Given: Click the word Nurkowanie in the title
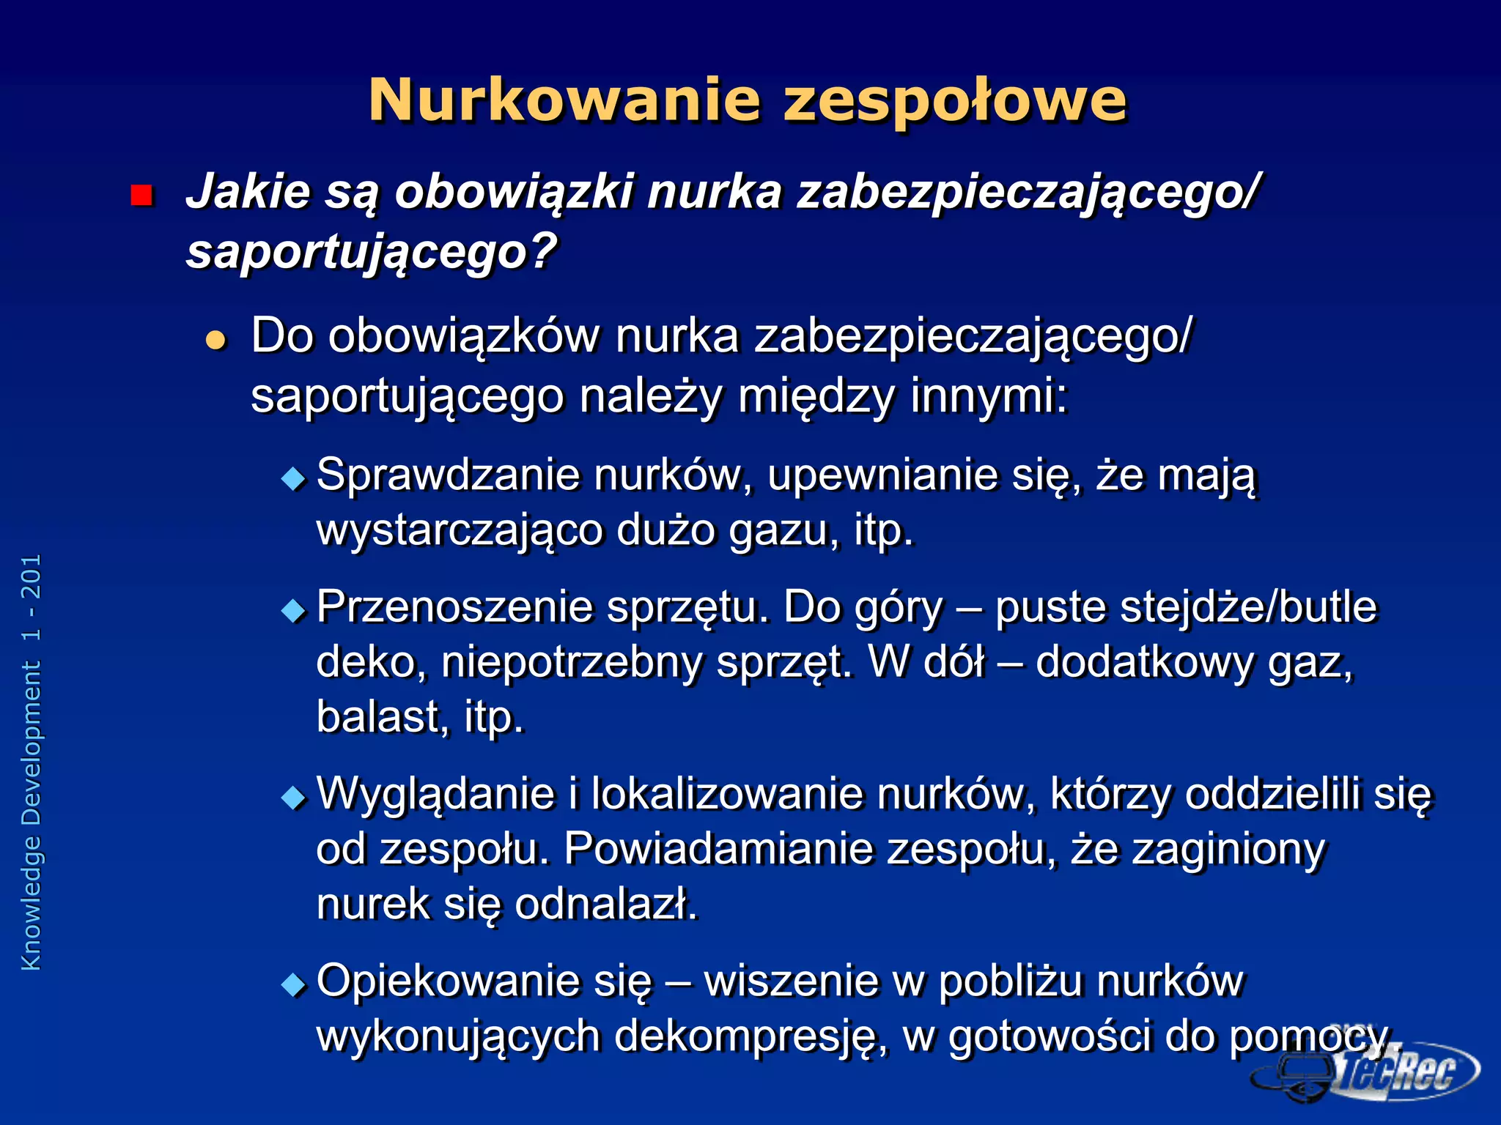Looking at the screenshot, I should (x=564, y=100).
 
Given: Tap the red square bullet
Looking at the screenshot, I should (x=141, y=196).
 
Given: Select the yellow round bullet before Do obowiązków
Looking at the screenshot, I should (x=215, y=340).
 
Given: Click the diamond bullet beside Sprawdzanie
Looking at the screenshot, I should (x=294, y=479).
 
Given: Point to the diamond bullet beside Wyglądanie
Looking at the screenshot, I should (x=294, y=798).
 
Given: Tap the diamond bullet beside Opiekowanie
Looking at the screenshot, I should (x=294, y=984).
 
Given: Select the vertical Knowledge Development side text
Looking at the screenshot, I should (x=32, y=762).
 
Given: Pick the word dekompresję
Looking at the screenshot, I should (x=751, y=1038).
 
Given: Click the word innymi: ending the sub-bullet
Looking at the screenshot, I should (x=989, y=398).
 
